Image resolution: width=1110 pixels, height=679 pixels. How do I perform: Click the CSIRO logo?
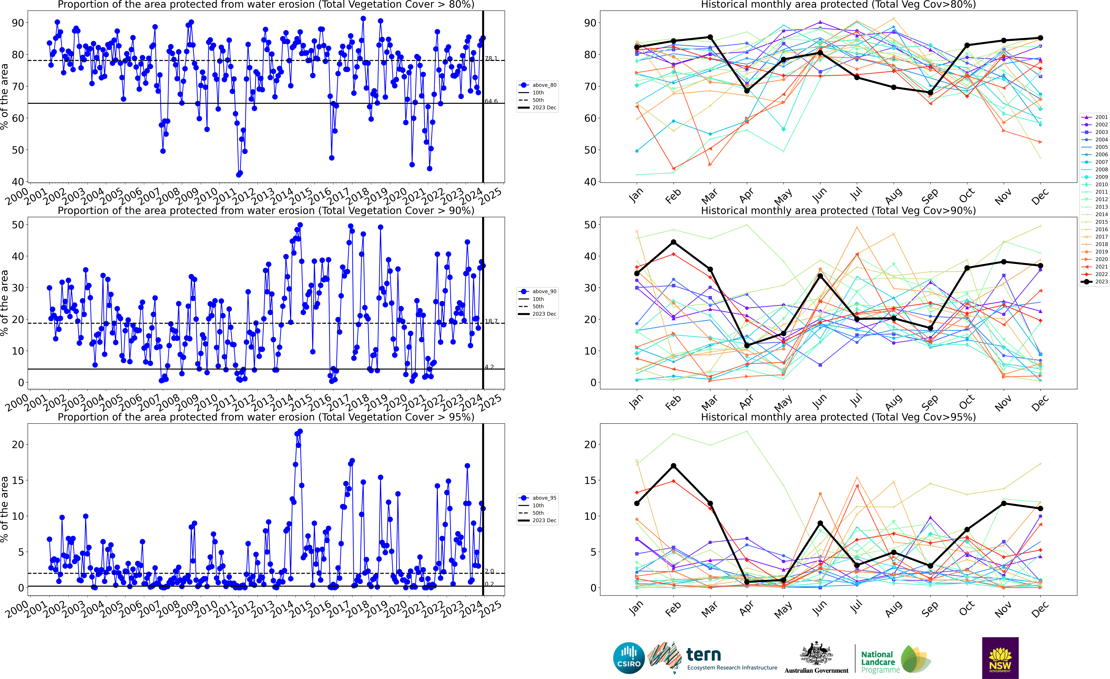[629, 658]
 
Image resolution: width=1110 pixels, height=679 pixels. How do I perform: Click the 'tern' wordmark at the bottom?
[704, 654]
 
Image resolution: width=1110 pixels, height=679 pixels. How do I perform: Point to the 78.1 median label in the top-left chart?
[491, 59]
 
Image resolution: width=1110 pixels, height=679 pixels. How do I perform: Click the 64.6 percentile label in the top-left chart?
[491, 101]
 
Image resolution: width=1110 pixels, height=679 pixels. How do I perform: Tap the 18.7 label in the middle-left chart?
[491, 321]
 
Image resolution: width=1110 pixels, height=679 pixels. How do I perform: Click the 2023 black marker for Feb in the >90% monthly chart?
[674, 242]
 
